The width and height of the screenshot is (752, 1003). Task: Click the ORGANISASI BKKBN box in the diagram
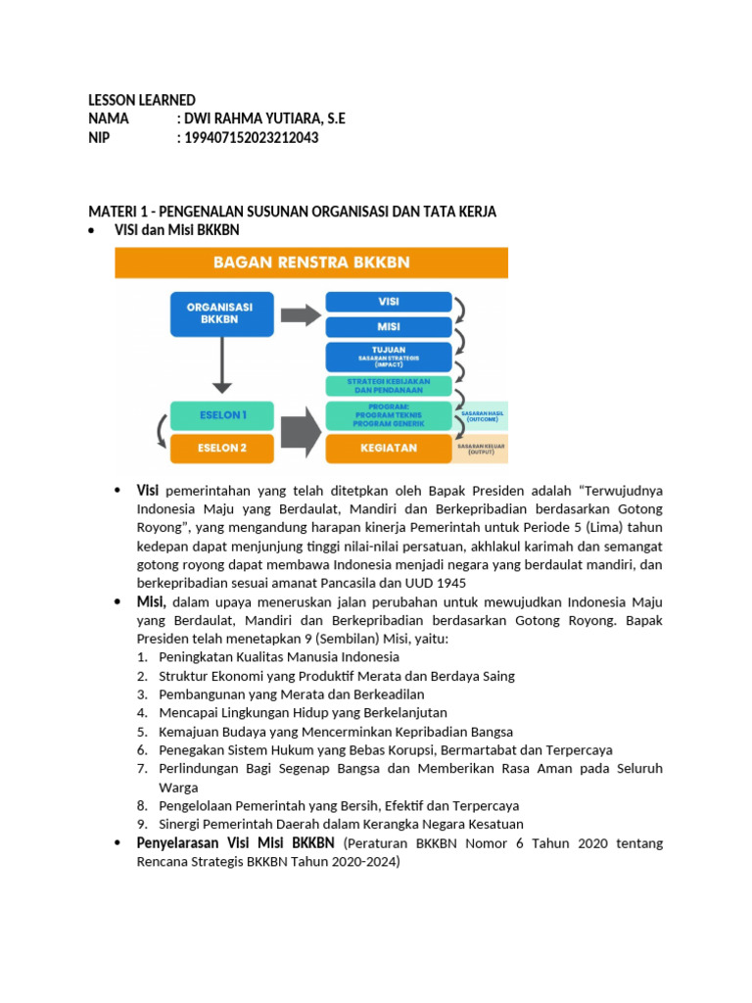coord(219,313)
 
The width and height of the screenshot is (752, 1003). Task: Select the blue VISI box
coord(388,302)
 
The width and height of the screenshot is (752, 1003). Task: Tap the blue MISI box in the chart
coord(388,326)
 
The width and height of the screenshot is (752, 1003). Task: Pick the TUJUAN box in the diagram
coord(388,357)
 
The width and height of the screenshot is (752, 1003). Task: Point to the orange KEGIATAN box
coord(388,448)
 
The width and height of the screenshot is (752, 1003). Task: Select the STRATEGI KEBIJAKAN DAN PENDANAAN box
coord(388,386)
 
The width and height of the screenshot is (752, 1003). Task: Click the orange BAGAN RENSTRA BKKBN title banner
coord(311,263)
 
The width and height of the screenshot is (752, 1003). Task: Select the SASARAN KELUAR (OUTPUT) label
coord(480,449)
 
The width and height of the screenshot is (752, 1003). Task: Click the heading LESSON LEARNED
coord(142,100)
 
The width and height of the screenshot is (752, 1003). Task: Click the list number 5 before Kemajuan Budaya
coord(142,732)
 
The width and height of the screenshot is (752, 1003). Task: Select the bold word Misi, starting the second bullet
coord(152,601)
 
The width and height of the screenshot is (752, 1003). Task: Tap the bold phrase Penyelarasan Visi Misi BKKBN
coord(236,843)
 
